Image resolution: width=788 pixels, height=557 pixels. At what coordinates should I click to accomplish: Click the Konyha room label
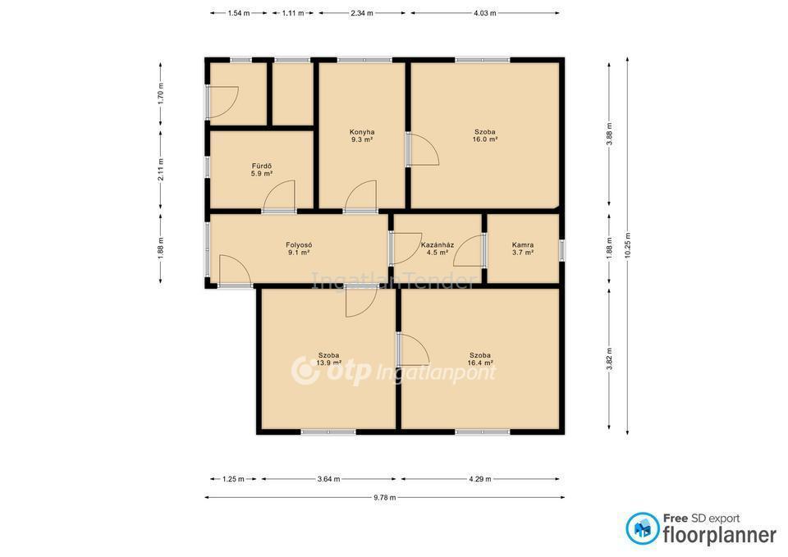coord(362,132)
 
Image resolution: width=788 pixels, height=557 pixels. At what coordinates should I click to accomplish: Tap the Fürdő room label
coord(262,166)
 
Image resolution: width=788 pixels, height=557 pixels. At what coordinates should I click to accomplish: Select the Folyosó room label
coord(299,245)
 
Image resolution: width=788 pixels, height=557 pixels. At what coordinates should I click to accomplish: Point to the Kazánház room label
coord(438,245)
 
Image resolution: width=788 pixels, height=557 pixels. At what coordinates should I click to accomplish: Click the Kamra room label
coord(523,245)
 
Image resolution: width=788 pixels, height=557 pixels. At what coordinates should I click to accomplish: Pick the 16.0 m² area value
coord(485,139)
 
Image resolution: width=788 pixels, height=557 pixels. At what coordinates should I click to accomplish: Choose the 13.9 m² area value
coord(328,363)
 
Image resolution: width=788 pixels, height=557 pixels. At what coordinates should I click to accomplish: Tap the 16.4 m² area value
coord(480,363)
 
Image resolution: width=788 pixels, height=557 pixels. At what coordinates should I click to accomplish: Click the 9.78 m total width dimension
coord(384,498)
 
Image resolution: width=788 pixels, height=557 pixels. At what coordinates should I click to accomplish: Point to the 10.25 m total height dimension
coord(627,245)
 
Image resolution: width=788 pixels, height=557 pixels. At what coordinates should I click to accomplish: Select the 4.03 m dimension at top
coord(484,13)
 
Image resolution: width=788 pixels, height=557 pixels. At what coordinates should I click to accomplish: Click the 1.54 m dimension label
coord(239,13)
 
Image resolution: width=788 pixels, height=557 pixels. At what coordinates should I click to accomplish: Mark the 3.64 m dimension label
coord(328,479)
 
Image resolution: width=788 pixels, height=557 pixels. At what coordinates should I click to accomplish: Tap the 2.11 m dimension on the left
coord(161,170)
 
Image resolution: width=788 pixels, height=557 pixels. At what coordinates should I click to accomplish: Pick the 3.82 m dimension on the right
coord(609,358)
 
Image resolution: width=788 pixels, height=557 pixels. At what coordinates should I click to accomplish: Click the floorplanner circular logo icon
coord(642,528)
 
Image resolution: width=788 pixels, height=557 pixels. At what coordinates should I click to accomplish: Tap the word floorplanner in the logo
coord(720,535)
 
